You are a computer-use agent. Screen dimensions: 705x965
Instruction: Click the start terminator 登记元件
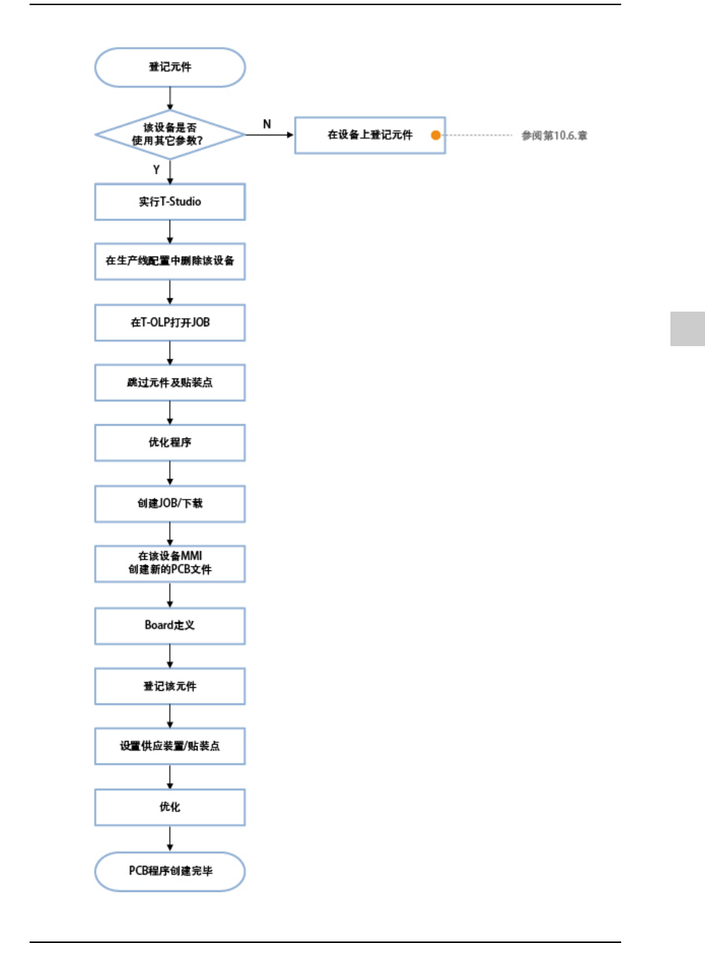click(x=170, y=68)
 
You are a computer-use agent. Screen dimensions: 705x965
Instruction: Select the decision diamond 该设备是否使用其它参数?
click(x=170, y=134)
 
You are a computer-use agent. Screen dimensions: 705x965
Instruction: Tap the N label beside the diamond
click(x=267, y=124)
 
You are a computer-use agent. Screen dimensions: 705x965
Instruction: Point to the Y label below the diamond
click(x=156, y=170)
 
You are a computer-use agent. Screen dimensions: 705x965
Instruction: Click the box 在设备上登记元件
click(x=370, y=135)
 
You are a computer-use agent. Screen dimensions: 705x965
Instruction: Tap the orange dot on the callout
click(x=436, y=135)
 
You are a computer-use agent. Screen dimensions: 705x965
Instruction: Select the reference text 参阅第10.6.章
click(x=554, y=135)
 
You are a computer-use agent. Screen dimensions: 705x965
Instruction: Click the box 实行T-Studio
click(x=170, y=202)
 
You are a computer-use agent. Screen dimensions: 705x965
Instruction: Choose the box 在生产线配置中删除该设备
click(x=170, y=262)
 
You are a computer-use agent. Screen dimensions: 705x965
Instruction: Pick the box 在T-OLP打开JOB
click(x=170, y=323)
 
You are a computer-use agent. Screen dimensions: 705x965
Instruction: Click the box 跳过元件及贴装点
click(x=170, y=383)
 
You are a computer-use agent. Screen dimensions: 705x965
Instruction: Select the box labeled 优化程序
click(x=170, y=442)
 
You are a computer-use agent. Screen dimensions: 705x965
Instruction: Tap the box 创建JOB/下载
click(x=170, y=503)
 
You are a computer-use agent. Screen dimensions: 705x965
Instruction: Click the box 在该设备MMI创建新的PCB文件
click(x=170, y=564)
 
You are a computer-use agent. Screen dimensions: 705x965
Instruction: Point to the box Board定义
click(x=170, y=625)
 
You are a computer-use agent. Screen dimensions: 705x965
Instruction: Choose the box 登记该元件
click(x=170, y=686)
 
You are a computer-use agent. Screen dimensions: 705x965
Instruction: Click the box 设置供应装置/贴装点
click(x=170, y=746)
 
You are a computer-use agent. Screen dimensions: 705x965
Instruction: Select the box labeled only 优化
click(x=170, y=807)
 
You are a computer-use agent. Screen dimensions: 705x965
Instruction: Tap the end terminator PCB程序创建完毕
click(x=170, y=872)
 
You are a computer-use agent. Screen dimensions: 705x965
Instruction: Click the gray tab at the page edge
click(x=687, y=329)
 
